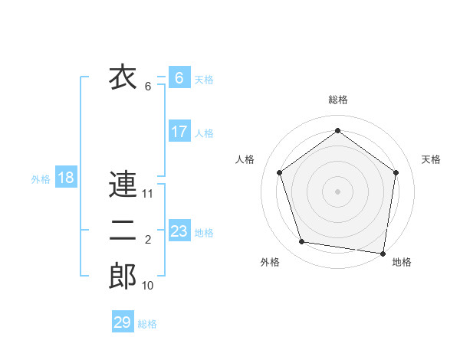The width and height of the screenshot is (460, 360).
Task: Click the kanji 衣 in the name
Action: (123, 77)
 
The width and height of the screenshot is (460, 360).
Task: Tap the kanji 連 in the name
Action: (123, 185)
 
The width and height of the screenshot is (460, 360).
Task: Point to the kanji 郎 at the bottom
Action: (123, 277)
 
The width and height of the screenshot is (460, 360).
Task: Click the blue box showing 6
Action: (179, 78)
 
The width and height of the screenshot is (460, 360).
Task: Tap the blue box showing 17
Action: (179, 132)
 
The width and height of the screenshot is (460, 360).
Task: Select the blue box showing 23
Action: (179, 231)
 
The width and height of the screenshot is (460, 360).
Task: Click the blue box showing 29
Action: (122, 322)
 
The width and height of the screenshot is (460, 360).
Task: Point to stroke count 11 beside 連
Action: (148, 194)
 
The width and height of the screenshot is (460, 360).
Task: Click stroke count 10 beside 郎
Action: (148, 286)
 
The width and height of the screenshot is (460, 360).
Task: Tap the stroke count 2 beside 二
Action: (148, 241)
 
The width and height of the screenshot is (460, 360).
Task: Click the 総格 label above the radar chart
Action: (338, 100)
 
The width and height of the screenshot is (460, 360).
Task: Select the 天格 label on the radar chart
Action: (431, 159)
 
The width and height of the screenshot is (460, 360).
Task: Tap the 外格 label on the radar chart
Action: (270, 262)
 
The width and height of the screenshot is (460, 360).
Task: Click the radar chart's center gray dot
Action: (337, 191)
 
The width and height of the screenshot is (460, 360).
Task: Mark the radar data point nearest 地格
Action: (383, 253)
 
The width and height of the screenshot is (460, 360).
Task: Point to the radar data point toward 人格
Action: (280, 172)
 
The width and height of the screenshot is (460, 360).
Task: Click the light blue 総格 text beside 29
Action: (147, 324)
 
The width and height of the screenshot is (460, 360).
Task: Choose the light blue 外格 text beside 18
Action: (41, 180)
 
